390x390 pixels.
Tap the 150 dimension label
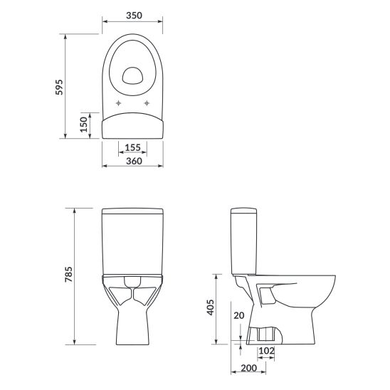pos(83,126)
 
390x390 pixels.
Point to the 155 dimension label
pos(133,147)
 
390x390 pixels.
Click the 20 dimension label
pos(240,315)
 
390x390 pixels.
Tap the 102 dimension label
pos(267,351)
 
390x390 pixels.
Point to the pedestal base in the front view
pos(133,324)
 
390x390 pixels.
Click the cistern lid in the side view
pos(245,211)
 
